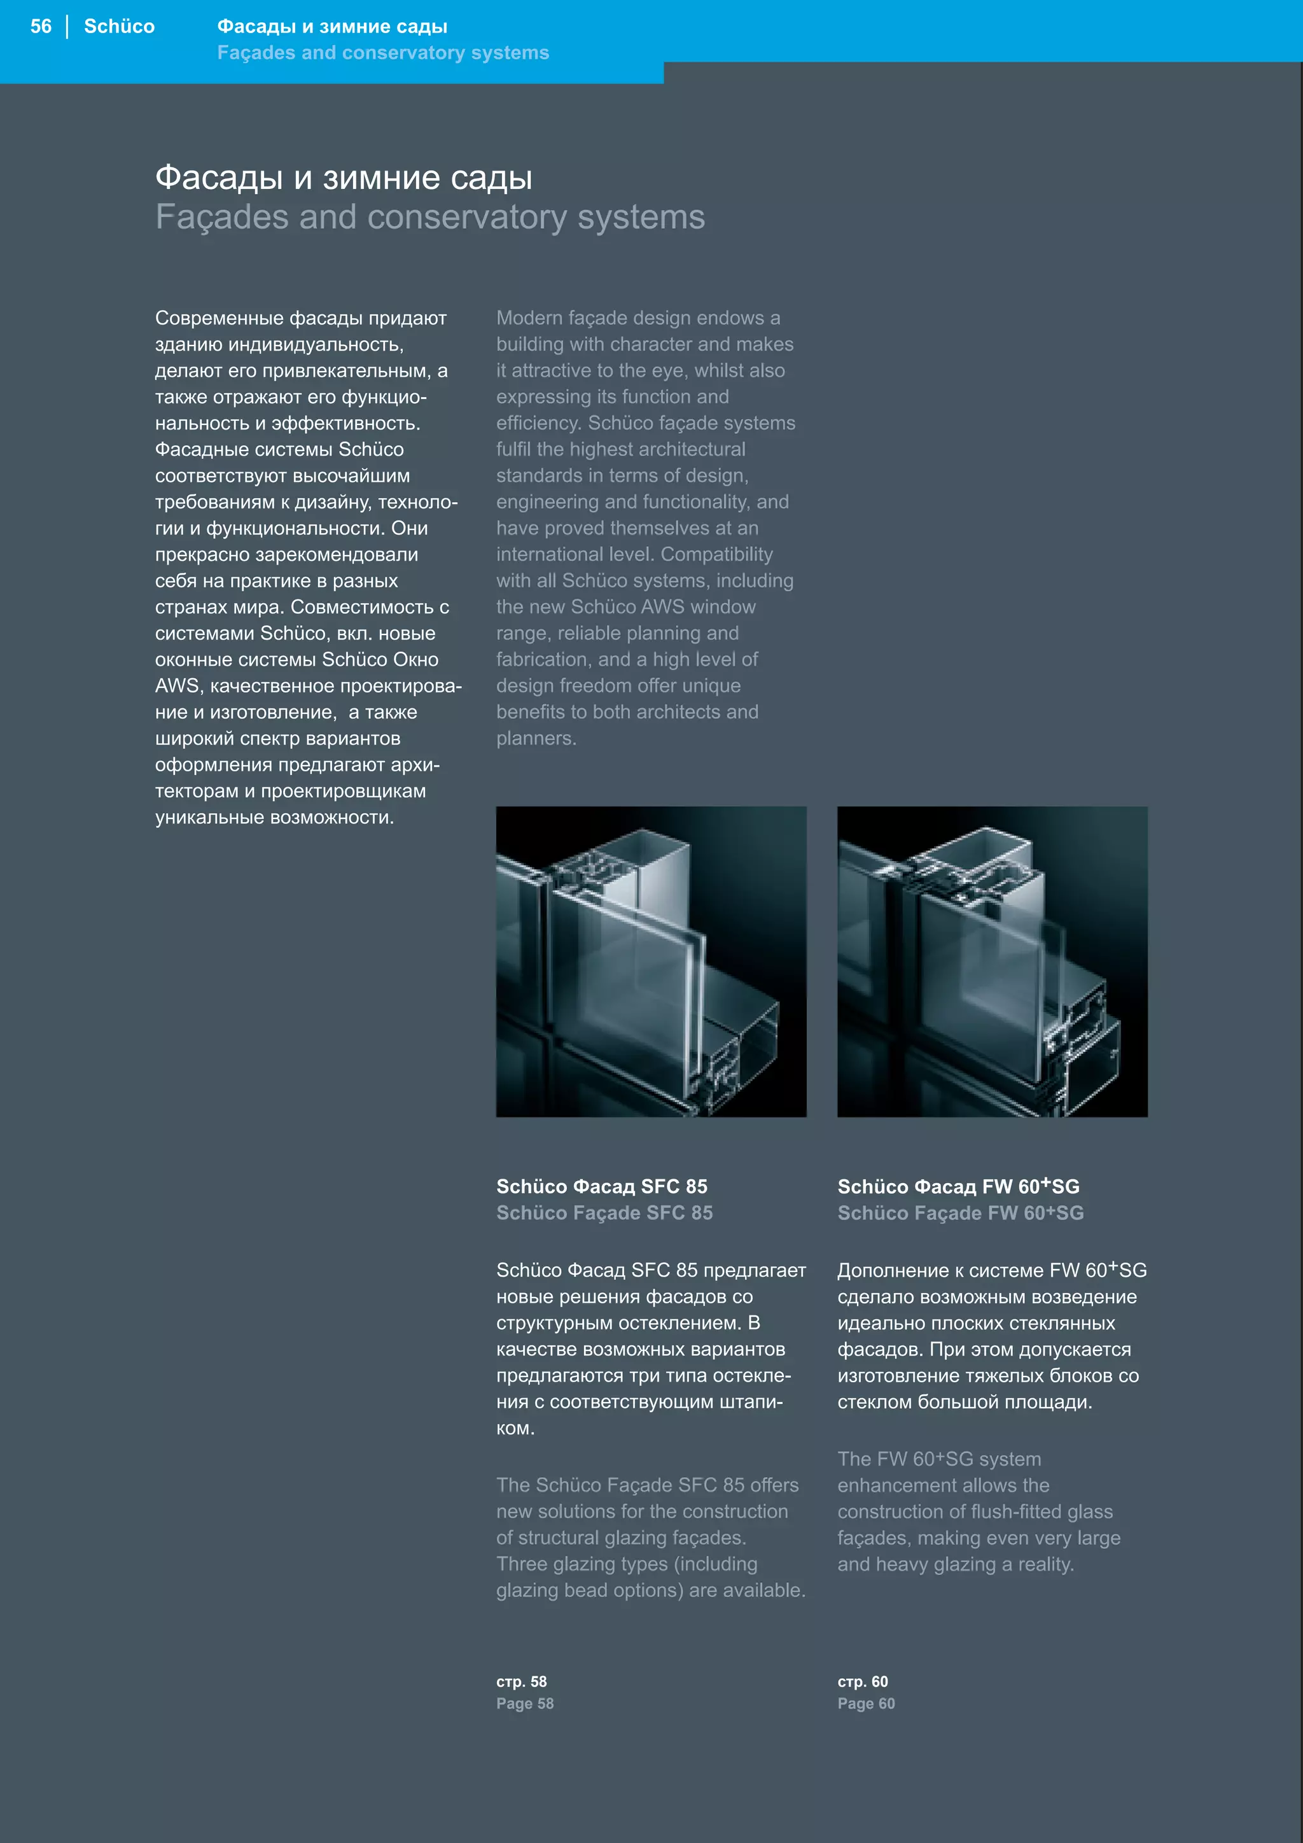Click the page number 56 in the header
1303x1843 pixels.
pos(41,27)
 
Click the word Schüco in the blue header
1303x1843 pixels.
pos(119,27)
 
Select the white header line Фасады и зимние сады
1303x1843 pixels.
pos(332,27)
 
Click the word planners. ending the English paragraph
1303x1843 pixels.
pos(535,738)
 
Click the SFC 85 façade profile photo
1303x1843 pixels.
pos(651,961)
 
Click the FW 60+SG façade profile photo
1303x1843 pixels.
pos(992,961)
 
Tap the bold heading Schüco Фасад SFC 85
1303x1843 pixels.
pos(602,1186)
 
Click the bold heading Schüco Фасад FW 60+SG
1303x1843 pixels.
pos(958,1186)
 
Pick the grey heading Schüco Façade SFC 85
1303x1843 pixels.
pos(604,1213)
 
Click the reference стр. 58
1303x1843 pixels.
pos(522,1681)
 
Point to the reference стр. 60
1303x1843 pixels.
pos(863,1681)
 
